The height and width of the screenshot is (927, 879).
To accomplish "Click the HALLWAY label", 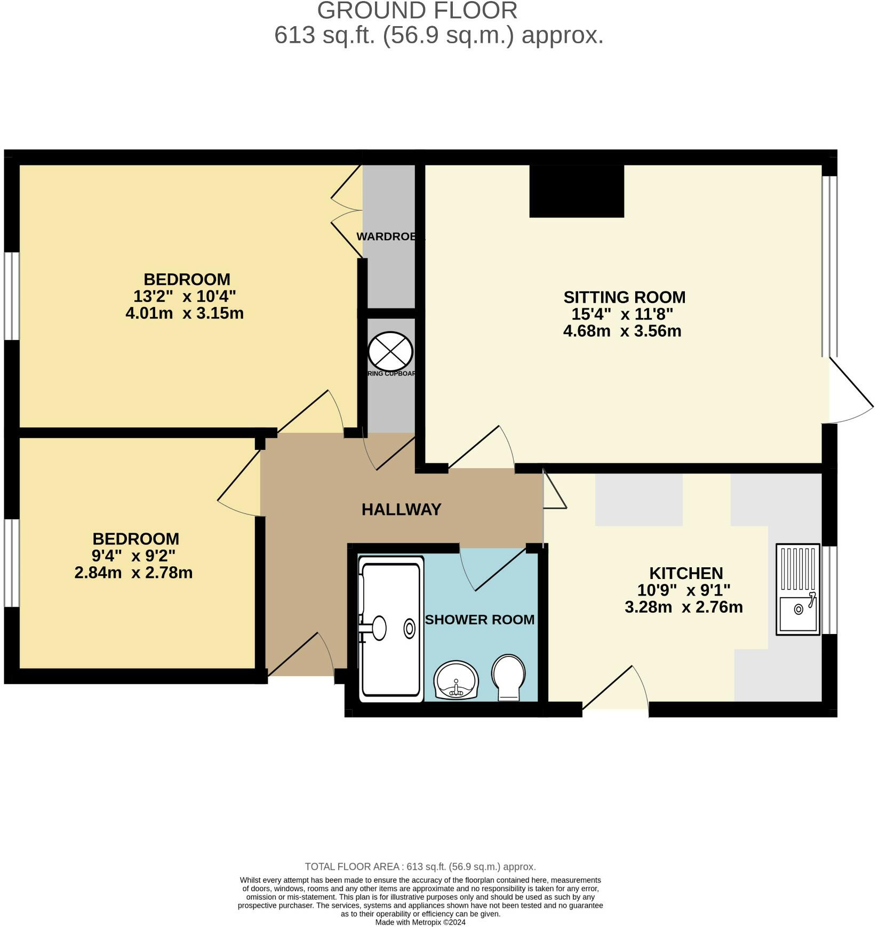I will click(x=401, y=510).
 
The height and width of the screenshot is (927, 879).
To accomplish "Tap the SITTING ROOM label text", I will click(x=624, y=297).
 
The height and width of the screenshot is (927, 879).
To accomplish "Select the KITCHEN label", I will click(x=686, y=573).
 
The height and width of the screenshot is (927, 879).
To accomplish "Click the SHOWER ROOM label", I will click(x=480, y=620).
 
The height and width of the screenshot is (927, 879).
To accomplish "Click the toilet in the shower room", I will click(x=508, y=677).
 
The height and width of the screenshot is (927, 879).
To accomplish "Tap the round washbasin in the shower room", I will click(x=456, y=680).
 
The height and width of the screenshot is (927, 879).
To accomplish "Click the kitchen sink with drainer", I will click(x=797, y=589).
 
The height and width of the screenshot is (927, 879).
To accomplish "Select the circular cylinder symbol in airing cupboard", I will click(x=390, y=351).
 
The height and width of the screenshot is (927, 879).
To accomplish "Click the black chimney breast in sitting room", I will click(x=577, y=191).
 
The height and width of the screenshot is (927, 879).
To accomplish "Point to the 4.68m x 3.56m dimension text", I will click(x=622, y=331).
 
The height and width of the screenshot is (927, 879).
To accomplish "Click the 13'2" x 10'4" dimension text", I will click(x=185, y=296).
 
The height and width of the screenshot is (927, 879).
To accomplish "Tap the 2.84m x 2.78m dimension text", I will click(x=133, y=573).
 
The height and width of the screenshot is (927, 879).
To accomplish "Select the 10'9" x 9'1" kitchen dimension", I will click(x=684, y=590).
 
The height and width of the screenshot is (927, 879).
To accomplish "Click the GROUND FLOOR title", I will click(x=417, y=11).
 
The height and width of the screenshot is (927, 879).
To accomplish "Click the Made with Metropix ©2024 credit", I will click(x=420, y=922).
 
